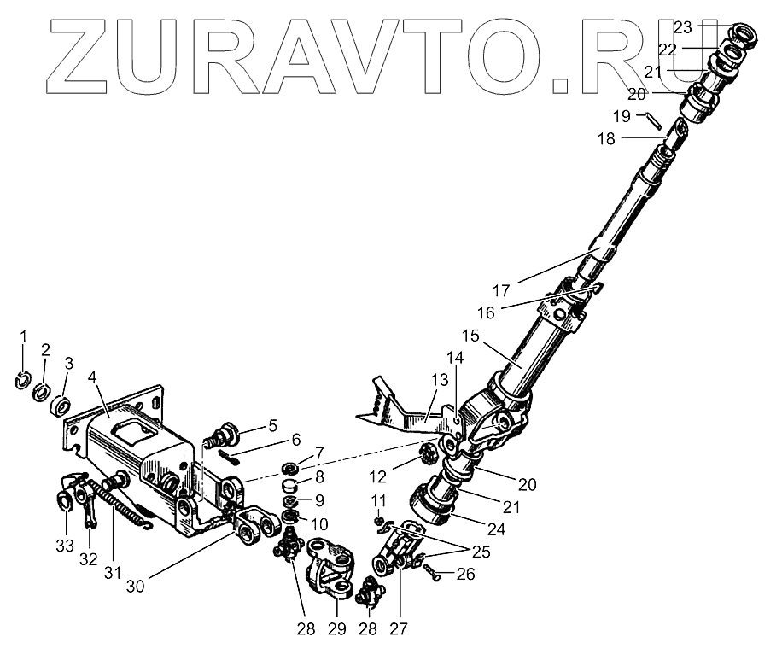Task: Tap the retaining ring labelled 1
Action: [24, 381]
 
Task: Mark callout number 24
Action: [496, 529]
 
